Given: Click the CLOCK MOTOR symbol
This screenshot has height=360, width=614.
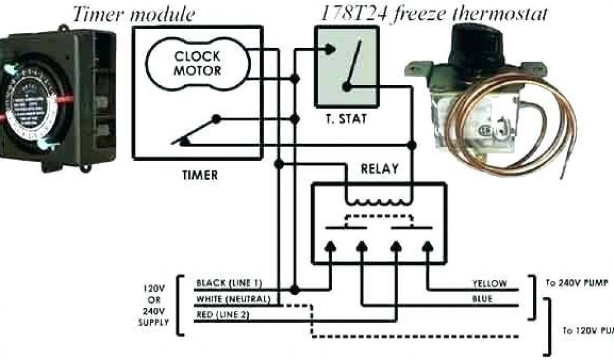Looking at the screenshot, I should pyautogui.click(x=197, y=64).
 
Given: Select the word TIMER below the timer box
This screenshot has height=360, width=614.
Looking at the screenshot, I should pyautogui.click(x=200, y=176).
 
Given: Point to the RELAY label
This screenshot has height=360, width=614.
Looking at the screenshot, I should pyautogui.click(x=379, y=169).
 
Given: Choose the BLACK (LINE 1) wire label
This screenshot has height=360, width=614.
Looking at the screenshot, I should pyautogui.click(x=228, y=283).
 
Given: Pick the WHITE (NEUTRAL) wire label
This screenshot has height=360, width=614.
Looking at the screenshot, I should pyautogui.click(x=233, y=298).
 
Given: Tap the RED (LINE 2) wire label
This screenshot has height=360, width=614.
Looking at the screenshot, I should pyautogui.click(x=222, y=314).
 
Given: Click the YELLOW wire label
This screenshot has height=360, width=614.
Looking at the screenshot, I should pyautogui.click(x=490, y=283).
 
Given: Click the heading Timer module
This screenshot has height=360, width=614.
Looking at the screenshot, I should pyautogui.click(x=133, y=14).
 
